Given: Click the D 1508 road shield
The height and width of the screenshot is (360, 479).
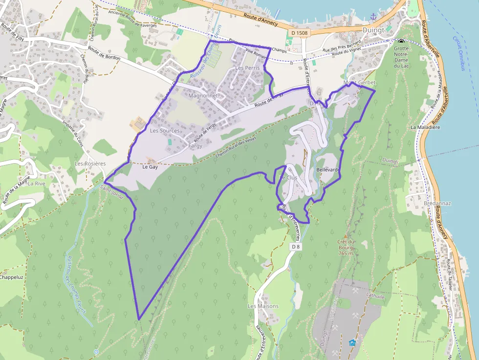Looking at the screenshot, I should click(x=299, y=33).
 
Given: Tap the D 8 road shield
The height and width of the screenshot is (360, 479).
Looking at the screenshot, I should click(x=295, y=247).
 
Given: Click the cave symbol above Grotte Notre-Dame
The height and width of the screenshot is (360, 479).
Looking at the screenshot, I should click(x=401, y=42).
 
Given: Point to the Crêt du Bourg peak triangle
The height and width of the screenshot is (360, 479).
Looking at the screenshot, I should click(x=345, y=235).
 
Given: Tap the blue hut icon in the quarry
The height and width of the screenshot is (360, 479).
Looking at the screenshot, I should click(x=352, y=342).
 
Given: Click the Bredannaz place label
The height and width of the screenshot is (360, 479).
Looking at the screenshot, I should click(x=424, y=203).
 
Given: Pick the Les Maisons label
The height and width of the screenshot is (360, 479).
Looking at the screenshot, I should click(x=262, y=306).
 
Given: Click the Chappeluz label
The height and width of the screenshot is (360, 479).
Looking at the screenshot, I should click(x=11, y=277).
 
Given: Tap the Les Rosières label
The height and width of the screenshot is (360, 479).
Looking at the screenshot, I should click(x=90, y=164).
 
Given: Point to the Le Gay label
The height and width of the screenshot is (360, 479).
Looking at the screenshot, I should click(x=150, y=167).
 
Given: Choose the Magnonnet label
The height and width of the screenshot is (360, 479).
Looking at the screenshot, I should click(x=202, y=96).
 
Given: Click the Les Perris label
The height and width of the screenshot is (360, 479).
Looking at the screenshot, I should click(x=247, y=68).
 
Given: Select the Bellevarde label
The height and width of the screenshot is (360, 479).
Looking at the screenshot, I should click(x=328, y=169).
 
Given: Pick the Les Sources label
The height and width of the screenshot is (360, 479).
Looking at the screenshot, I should click(x=165, y=131).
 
